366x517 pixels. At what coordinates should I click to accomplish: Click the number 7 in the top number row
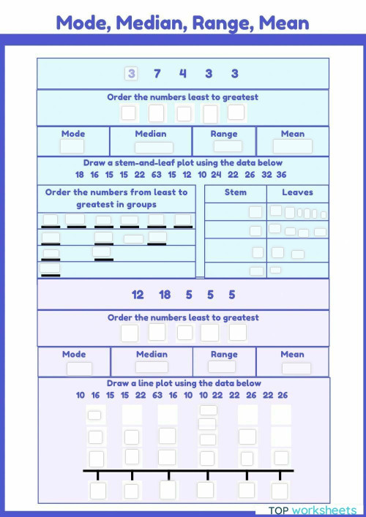[157, 73]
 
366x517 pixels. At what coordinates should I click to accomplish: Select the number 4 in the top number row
[183, 73]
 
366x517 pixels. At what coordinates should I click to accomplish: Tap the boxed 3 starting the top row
[131, 73]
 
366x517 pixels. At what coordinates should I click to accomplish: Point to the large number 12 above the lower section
[138, 295]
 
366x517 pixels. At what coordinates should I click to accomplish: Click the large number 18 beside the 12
[165, 295]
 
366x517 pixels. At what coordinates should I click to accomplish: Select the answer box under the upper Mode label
[72, 146]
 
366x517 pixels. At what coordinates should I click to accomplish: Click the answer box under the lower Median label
[152, 368]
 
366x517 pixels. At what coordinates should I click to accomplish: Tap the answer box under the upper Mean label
[293, 146]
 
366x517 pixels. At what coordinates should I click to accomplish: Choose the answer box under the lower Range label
[222, 367]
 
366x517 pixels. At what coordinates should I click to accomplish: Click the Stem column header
[236, 192]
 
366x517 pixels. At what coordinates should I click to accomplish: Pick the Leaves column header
[297, 192]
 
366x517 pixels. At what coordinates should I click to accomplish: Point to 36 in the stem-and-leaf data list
[281, 175]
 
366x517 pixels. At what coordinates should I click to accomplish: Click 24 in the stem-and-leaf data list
[217, 175]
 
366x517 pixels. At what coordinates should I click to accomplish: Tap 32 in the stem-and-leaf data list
[266, 175]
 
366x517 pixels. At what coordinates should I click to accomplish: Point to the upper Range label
[224, 134]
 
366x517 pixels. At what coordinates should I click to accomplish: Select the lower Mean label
[292, 355]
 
